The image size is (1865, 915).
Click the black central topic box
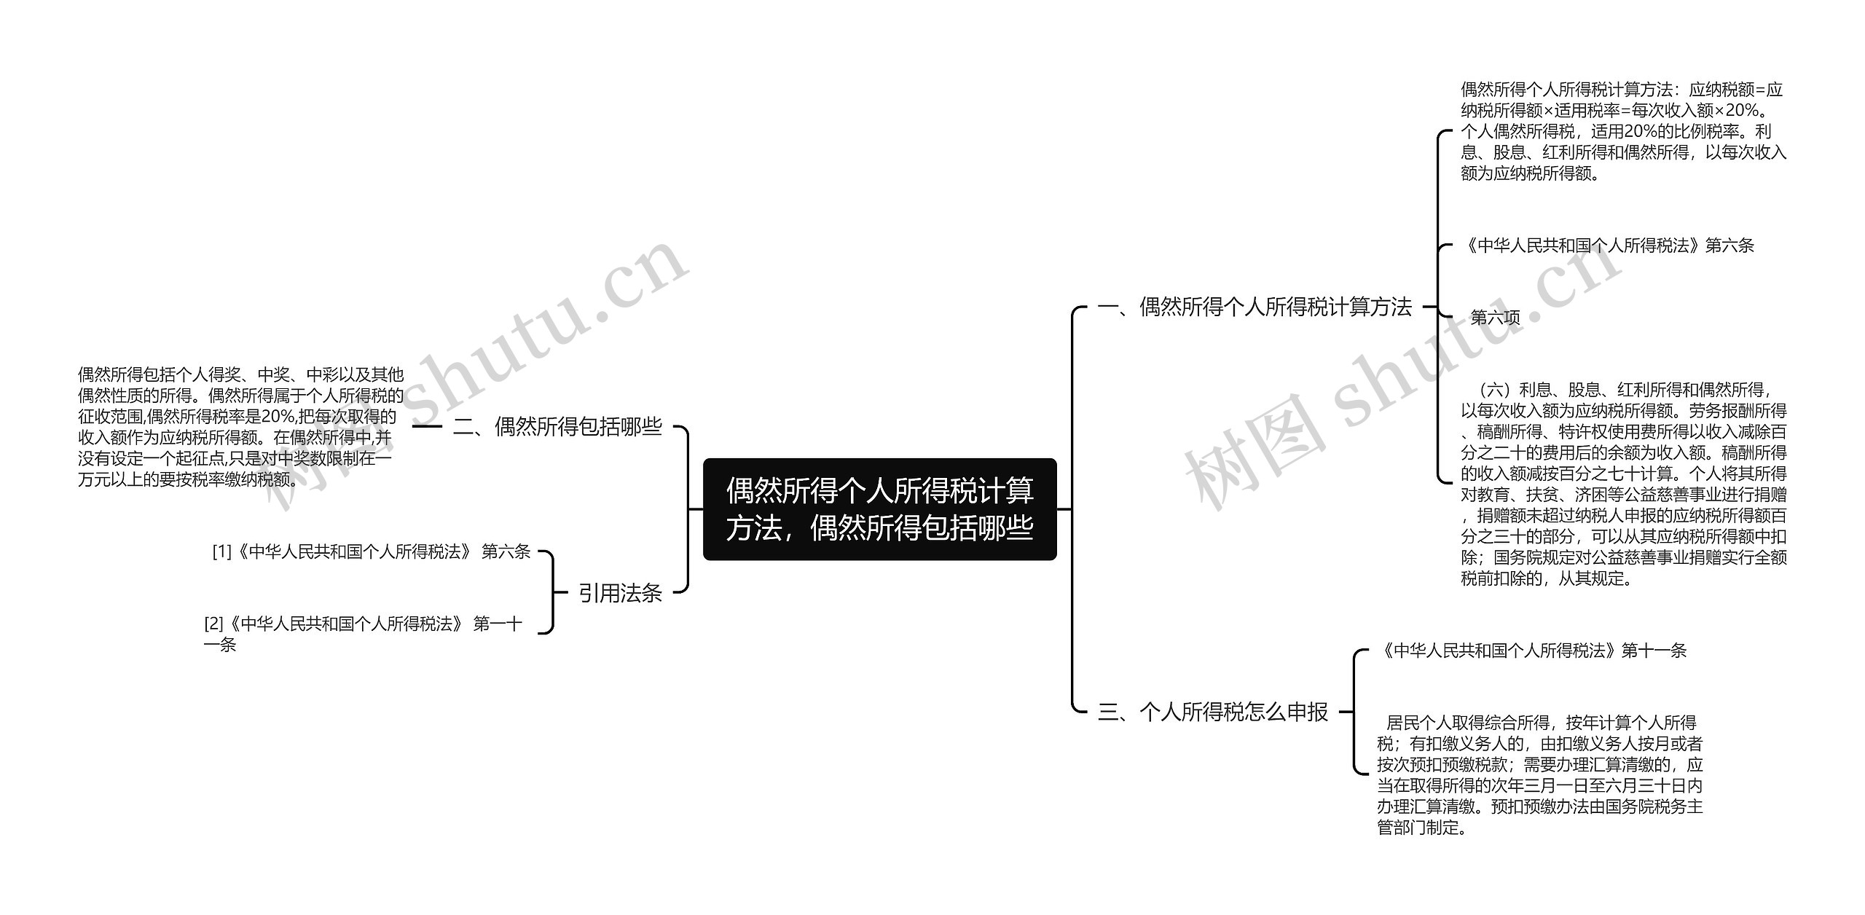point(879,509)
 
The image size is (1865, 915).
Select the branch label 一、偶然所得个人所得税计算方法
point(1255,307)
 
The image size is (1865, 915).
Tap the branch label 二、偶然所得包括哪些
point(557,426)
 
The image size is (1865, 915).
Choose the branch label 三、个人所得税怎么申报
point(1213,712)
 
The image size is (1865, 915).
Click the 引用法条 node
point(620,593)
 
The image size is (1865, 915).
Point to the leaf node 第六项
point(1495,318)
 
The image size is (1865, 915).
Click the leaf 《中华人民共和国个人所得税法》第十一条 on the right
point(1531,651)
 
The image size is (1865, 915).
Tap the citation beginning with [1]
point(371,551)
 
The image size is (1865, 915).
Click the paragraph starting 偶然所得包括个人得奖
point(240,427)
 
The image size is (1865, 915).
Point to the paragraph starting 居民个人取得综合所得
point(1539,774)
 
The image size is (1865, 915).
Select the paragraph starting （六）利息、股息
point(1623,484)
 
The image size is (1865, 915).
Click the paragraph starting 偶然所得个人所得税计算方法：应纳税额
point(1623,131)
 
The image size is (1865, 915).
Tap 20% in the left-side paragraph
point(278,417)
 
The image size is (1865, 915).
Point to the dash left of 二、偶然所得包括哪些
point(427,426)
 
